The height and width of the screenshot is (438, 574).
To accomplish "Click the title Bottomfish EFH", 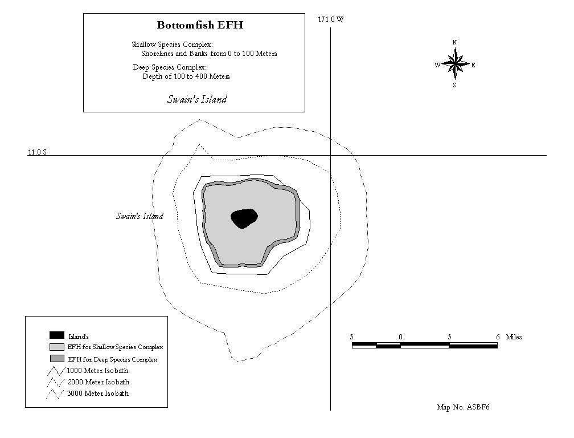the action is tap(200, 25).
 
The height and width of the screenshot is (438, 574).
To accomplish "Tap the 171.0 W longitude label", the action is tap(330, 19).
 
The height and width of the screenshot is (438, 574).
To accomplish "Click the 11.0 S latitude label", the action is tap(38, 152).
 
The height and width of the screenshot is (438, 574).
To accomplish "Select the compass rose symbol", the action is tap(454, 64).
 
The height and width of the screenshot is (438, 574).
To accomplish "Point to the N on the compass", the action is tap(454, 42).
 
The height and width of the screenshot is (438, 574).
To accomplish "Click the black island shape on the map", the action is tap(244, 218).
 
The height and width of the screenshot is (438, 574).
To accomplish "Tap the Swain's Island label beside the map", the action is tap(140, 216).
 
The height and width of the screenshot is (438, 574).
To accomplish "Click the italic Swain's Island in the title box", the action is tap(197, 99).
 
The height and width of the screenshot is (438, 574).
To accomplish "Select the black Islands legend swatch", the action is tap(57, 335).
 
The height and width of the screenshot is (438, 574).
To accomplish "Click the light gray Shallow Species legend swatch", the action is tap(57, 347).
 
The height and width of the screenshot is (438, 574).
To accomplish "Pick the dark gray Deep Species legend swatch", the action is tap(57, 359).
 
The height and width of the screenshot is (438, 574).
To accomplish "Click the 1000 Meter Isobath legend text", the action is tap(97, 371).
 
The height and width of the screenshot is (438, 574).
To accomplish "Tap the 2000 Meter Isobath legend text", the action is tap(99, 382).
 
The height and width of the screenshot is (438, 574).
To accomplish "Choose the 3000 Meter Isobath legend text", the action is tap(98, 394).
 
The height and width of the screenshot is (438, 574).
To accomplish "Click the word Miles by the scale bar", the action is tap(514, 337).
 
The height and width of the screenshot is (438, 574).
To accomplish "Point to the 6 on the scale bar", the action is tap(498, 337).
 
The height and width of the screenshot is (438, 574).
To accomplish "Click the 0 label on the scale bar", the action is tap(400, 337).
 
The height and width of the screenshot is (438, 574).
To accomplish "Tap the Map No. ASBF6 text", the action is tap(463, 407).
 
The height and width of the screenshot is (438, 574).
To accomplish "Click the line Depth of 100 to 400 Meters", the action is tap(186, 76).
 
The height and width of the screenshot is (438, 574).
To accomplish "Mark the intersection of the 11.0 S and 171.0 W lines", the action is tap(330, 155).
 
